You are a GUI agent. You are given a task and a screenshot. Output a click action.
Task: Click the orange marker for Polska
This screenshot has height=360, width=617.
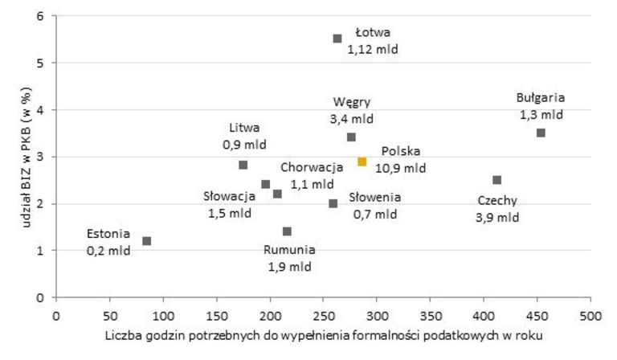click(x=362, y=162)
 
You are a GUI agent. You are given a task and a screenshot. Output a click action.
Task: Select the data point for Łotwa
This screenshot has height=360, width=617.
click(x=337, y=39)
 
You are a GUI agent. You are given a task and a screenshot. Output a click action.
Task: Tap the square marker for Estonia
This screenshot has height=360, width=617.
click(x=146, y=241)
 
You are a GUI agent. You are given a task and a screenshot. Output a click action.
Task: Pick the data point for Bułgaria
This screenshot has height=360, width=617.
click(x=541, y=133)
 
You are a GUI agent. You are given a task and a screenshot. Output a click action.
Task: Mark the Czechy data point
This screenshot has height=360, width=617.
click(x=497, y=180)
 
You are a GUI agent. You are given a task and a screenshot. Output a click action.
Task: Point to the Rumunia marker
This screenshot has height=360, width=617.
click(x=287, y=231)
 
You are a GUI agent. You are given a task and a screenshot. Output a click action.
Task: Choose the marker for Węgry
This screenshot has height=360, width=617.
click(x=351, y=137)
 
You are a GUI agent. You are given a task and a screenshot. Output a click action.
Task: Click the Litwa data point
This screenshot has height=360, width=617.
click(x=243, y=165)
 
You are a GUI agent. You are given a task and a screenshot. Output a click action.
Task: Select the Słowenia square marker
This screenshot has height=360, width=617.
click(x=333, y=203)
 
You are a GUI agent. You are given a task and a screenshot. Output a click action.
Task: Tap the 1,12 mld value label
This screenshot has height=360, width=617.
click(x=373, y=49)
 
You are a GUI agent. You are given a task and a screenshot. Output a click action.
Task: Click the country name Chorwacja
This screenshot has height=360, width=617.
click(x=311, y=167)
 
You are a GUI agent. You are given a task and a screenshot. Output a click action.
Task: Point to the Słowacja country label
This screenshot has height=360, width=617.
click(x=227, y=196)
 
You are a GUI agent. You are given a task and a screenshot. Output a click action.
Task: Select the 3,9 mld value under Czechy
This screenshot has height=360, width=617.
click(x=497, y=217)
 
